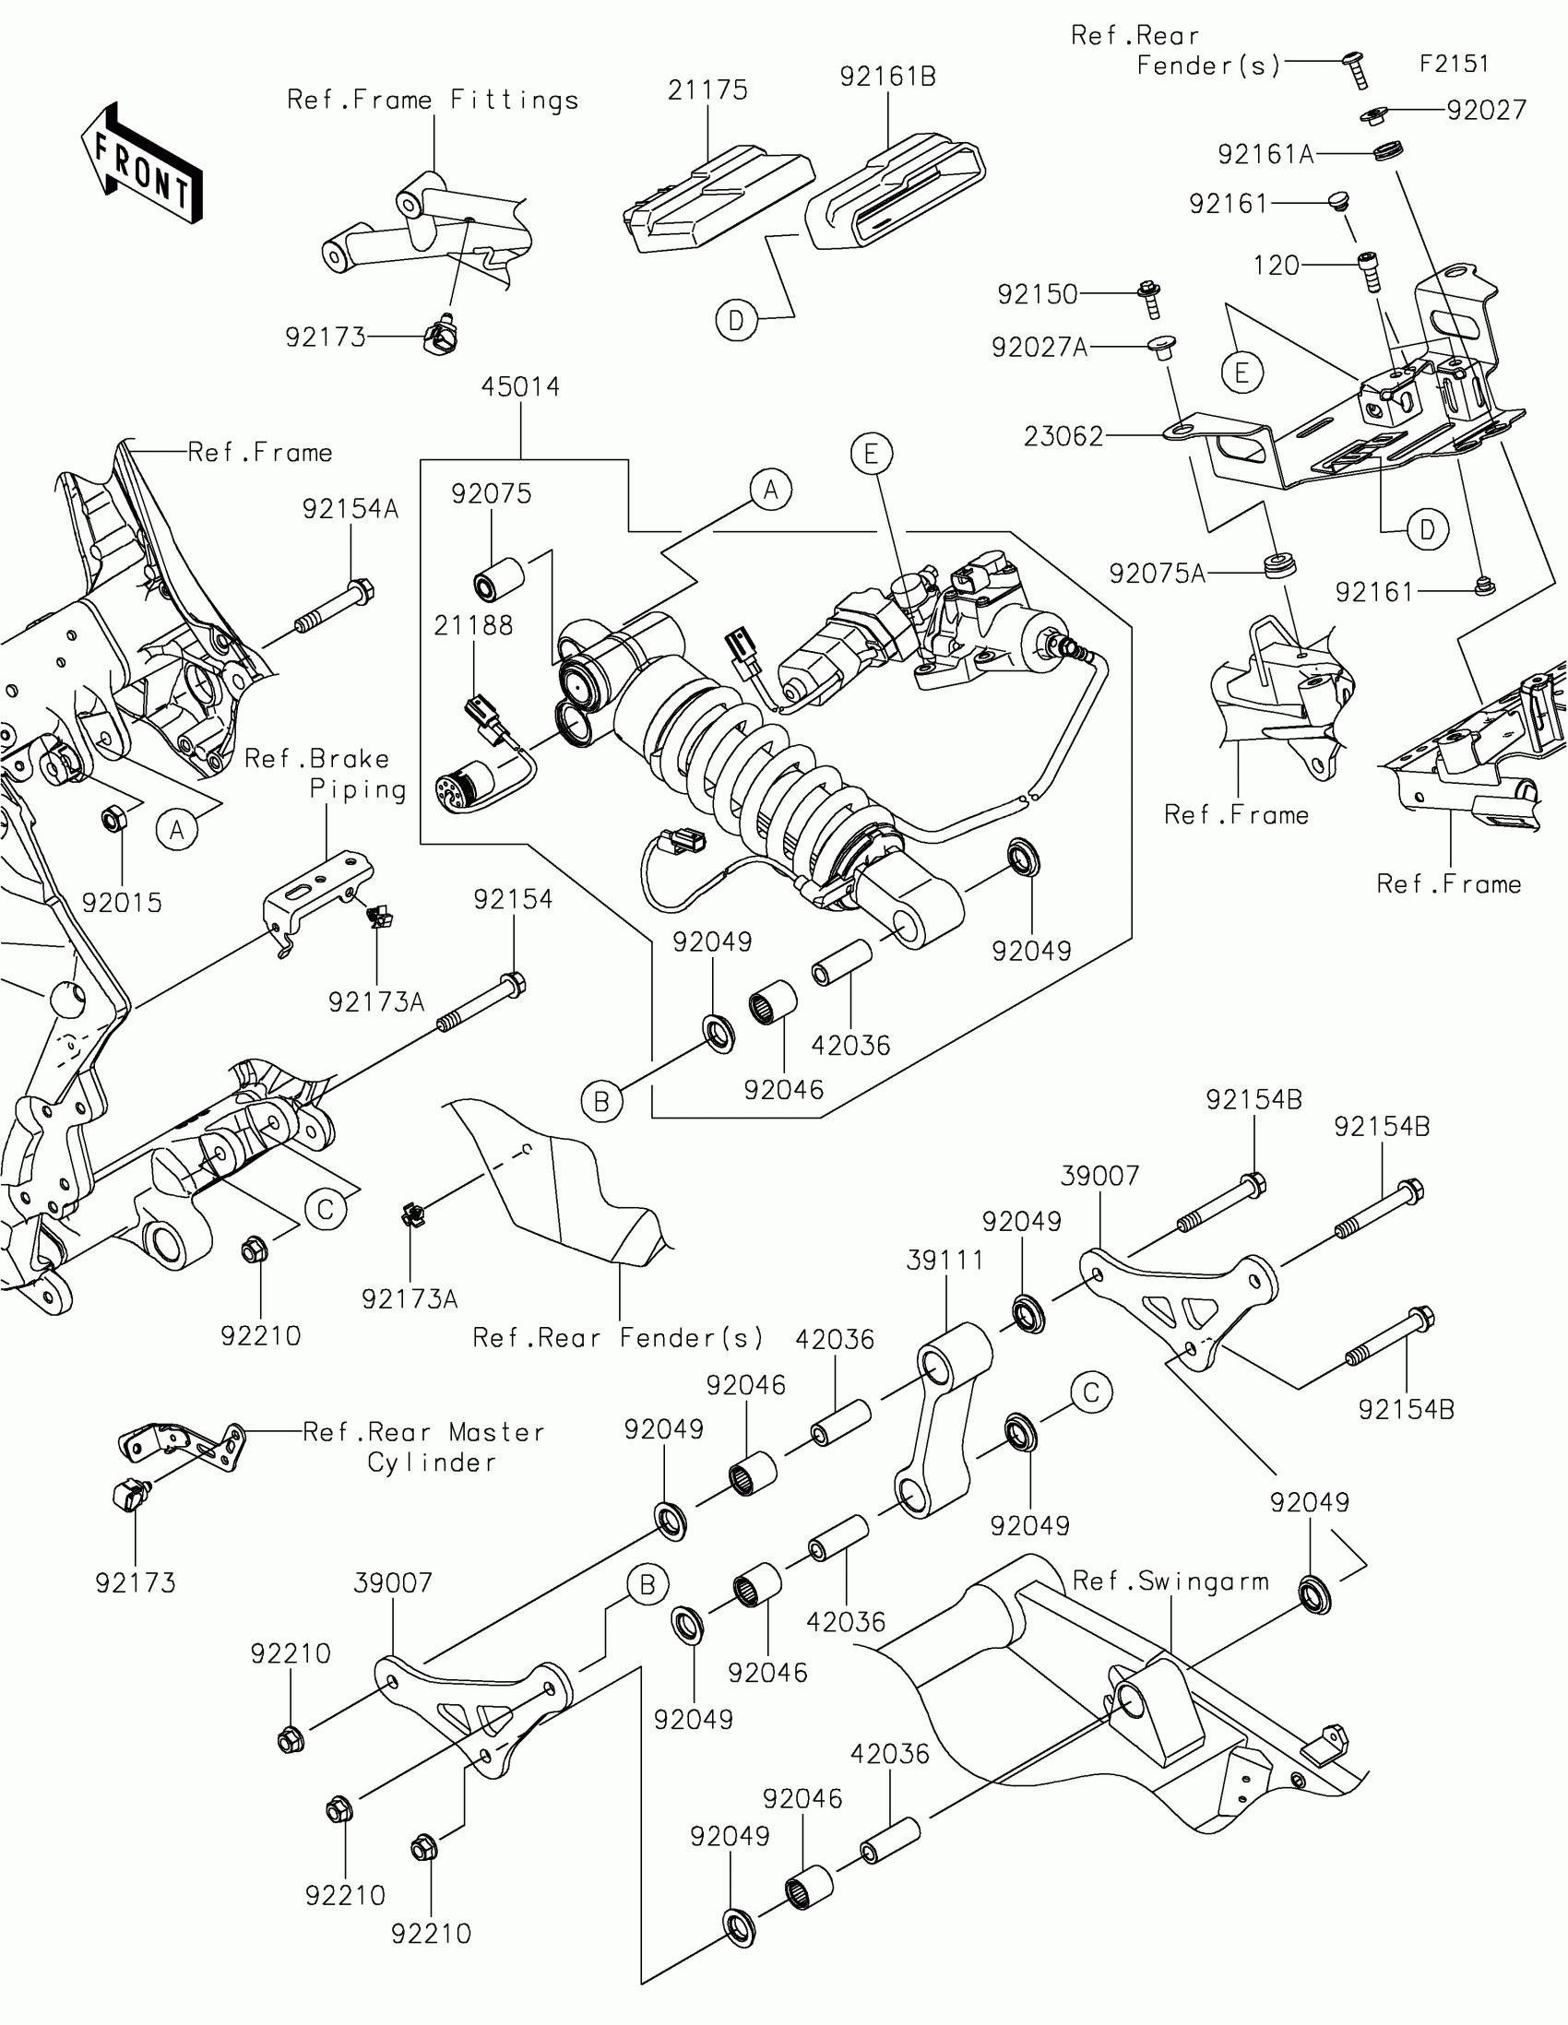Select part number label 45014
(520, 386)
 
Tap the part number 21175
(707, 90)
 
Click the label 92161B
(887, 76)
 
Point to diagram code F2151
(1454, 64)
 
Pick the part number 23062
(1063, 436)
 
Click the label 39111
(944, 1260)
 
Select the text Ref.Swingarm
(1170, 1581)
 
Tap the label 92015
(122, 902)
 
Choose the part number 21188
(473, 626)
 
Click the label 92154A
(350, 509)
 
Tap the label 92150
(1038, 295)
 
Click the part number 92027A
(1039, 348)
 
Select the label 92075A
(1158, 574)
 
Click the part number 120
(1276, 266)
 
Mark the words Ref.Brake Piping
(326, 774)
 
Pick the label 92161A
(1265, 154)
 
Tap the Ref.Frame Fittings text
(432, 101)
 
